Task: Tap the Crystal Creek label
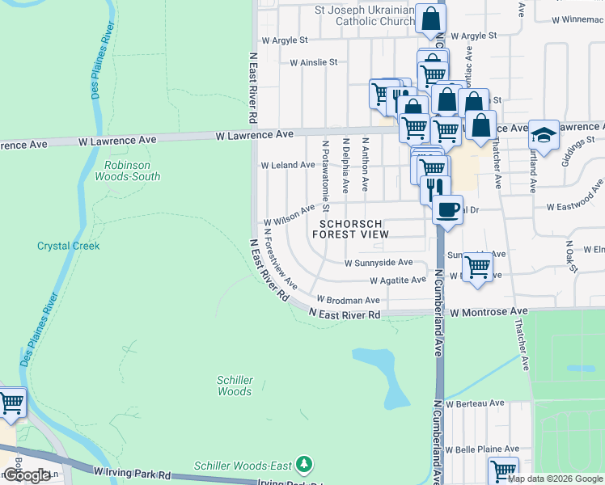[69, 246]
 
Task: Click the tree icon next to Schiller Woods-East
[304, 465]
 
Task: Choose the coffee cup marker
[447, 210]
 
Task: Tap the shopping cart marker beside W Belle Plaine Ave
[503, 469]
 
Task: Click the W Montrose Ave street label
[489, 311]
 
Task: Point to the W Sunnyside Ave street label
[379, 263]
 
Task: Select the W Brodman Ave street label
[348, 300]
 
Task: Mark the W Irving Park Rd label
[132, 470]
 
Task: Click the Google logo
[27, 475]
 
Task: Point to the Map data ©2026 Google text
[554, 479]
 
